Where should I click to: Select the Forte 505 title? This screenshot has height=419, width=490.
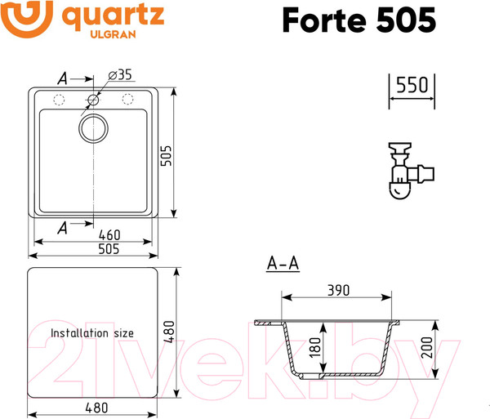(x=359, y=20)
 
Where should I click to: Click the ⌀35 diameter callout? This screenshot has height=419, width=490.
(x=120, y=74)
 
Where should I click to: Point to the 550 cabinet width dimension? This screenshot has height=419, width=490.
(x=412, y=85)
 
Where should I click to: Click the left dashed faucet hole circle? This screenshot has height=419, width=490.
(x=59, y=100)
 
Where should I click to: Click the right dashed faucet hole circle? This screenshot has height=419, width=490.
(x=128, y=100)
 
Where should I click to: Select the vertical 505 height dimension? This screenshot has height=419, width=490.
(x=167, y=151)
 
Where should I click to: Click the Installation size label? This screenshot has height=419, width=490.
(x=92, y=333)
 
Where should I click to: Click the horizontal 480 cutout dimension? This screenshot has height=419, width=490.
(x=94, y=408)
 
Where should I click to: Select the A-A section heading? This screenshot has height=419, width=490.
(x=283, y=264)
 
